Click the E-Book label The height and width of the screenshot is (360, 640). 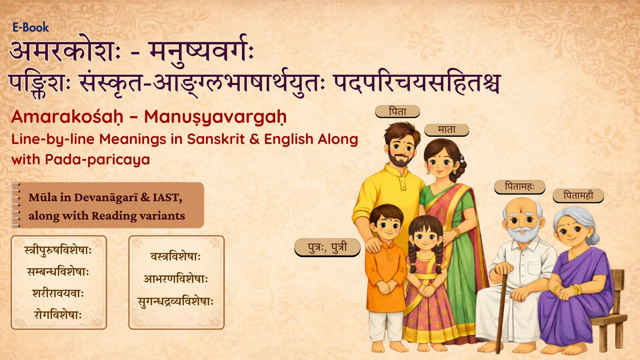click(30, 28)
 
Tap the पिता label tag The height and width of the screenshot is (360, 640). click(398, 112)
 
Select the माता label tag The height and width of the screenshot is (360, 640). click(446, 130)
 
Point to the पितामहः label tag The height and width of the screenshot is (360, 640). click(520, 187)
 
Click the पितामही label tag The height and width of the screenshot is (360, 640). click(578, 196)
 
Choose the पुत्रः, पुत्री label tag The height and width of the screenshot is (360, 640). click(328, 247)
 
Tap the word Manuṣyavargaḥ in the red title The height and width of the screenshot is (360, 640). click(215, 117)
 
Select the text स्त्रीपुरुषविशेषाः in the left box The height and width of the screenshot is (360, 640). click(58, 250)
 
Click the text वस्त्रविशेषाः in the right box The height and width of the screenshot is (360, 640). click(176, 256)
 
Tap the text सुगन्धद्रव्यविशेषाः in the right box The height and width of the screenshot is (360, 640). click(176, 302)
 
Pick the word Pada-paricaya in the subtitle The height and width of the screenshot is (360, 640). click(98, 160)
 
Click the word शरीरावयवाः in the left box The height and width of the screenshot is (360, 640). click(58, 294)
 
